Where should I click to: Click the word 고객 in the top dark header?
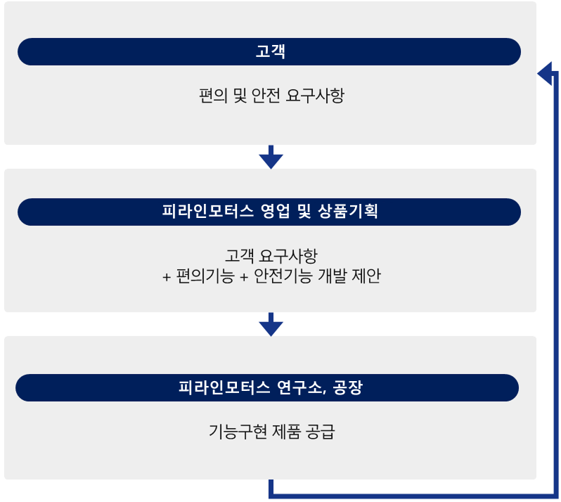click(x=271, y=51)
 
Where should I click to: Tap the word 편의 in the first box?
click(x=213, y=96)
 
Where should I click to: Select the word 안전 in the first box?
click(x=266, y=96)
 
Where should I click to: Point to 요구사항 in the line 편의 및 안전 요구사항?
click(x=315, y=96)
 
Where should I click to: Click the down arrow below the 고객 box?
click(x=271, y=157)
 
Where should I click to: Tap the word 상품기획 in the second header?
click(x=348, y=212)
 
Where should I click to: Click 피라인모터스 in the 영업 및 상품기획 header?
click(x=208, y=212)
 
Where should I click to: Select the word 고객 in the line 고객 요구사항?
click(x=239, y=256)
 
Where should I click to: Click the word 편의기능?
click(x=205, y=276)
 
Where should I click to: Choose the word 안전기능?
click(x=283, y=276)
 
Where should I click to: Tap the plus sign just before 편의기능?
click(x=167, y=277)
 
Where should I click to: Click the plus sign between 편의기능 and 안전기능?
click(x=244, y=277)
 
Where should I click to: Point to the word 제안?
click(x=366, y=276)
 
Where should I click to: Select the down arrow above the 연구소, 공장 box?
click(x=271, y=325)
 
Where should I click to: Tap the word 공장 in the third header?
click(x=348, y=387)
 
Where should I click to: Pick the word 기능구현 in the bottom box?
click(x=238, y=432)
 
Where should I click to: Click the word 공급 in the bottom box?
click(x=321, y=432)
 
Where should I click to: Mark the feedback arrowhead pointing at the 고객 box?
click(x=545, y=74)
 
